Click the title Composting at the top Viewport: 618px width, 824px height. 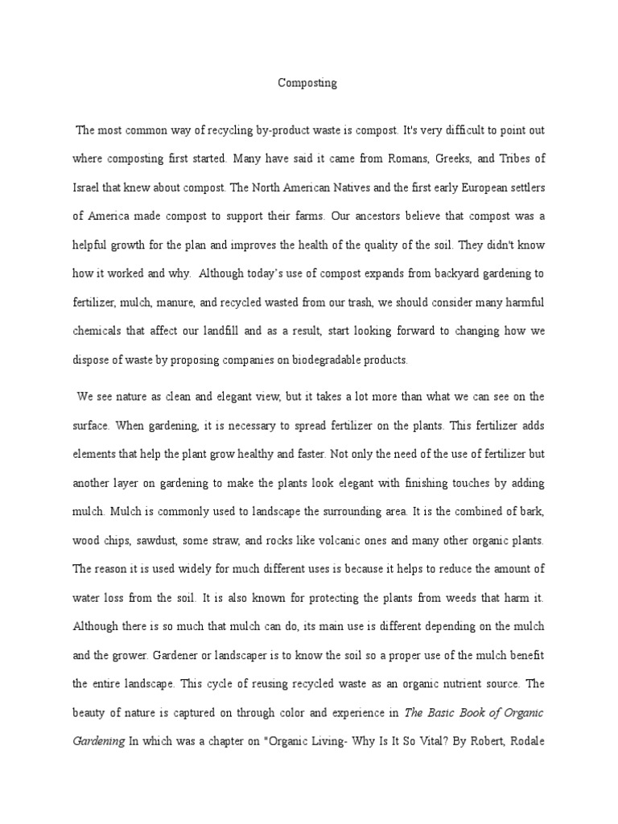308,83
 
